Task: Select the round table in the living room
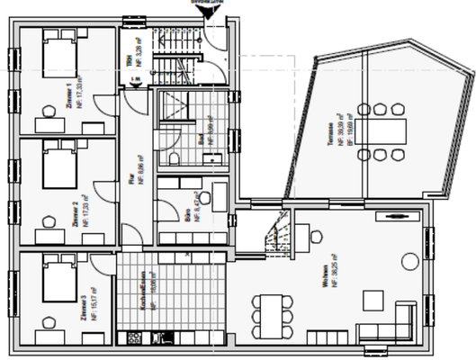pos(409,263)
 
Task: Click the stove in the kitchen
pos(134,338)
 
